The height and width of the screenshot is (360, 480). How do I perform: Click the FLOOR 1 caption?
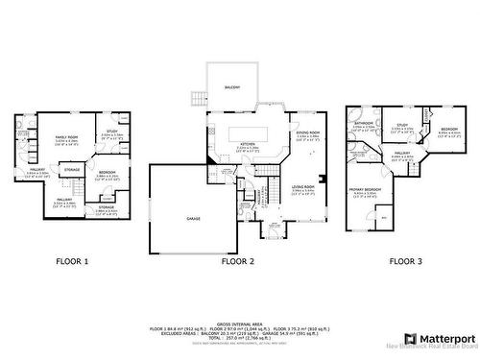(72, 261)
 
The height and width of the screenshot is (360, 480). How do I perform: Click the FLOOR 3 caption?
(405, 261)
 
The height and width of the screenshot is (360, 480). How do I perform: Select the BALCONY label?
(232, 87)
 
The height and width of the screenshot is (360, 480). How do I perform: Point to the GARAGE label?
(193, 218)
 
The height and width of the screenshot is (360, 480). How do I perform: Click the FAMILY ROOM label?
(66, 138)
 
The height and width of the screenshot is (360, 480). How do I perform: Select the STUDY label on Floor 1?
(111, 131)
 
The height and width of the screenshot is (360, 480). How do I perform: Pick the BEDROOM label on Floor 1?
(107, 173)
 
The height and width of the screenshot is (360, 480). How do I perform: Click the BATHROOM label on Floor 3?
(363, 124)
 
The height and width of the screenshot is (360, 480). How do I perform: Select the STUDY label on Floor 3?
(402, 125)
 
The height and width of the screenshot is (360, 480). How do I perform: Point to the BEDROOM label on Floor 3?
(449, 129)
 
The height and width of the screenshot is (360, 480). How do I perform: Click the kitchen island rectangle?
(248, 132)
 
